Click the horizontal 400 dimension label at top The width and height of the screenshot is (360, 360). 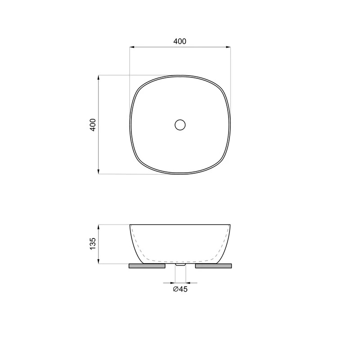pyautogui.click(x=180, y=41)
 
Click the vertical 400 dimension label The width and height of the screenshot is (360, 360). pyautogui.click(x=93, y=125)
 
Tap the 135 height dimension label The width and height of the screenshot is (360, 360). pyautogui.click(x=93, y=244)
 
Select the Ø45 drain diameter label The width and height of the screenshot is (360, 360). pyautogui.click(x=180, y=289)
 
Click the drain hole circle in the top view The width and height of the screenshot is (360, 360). pyautogui.click(x=180, y=125)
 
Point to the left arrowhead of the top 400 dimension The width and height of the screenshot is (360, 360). pyautogui.click(x=132, y=47)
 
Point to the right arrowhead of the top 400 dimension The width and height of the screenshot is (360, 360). pyautogui.click(x=228, y=47)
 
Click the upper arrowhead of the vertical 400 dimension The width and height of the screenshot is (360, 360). pyautogui.click(x=99, y=77)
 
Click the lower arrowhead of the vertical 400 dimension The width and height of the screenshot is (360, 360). pyautogui.click(x=99, y=171)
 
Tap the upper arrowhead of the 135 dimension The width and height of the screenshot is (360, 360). pyautogui.click(x=99, y=227)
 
